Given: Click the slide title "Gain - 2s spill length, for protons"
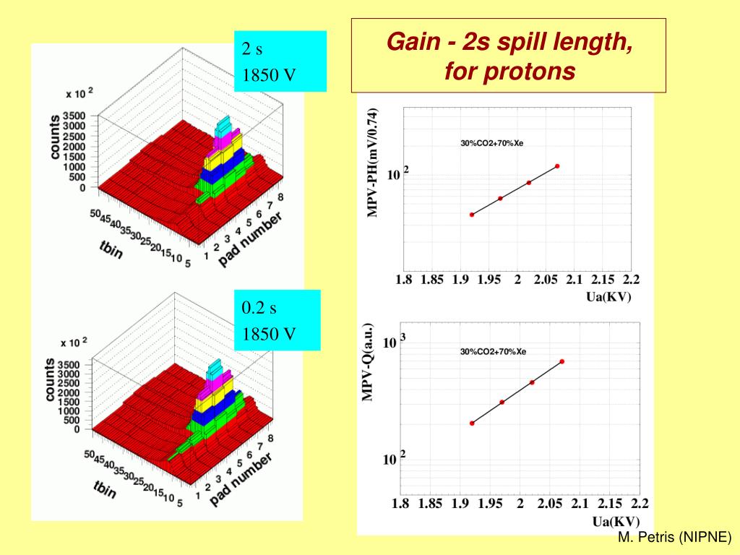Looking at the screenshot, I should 509,56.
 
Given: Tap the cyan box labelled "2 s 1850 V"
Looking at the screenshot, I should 280,61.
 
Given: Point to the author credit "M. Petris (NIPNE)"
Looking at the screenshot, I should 675,538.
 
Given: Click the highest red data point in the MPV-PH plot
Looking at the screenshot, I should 557,166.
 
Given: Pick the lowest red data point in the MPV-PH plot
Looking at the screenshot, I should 472,215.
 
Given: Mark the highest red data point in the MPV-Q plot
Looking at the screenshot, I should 562,361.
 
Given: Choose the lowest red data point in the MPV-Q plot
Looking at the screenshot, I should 472,423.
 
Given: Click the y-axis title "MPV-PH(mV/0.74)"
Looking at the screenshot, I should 373,162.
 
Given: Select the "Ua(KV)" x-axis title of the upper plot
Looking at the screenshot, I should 608,296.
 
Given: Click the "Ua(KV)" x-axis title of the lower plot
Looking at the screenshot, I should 615,521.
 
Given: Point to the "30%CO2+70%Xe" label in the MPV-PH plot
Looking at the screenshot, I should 492,143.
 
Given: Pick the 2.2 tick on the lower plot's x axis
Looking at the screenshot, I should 640,504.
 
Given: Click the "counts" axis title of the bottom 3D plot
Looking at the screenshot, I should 51,380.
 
